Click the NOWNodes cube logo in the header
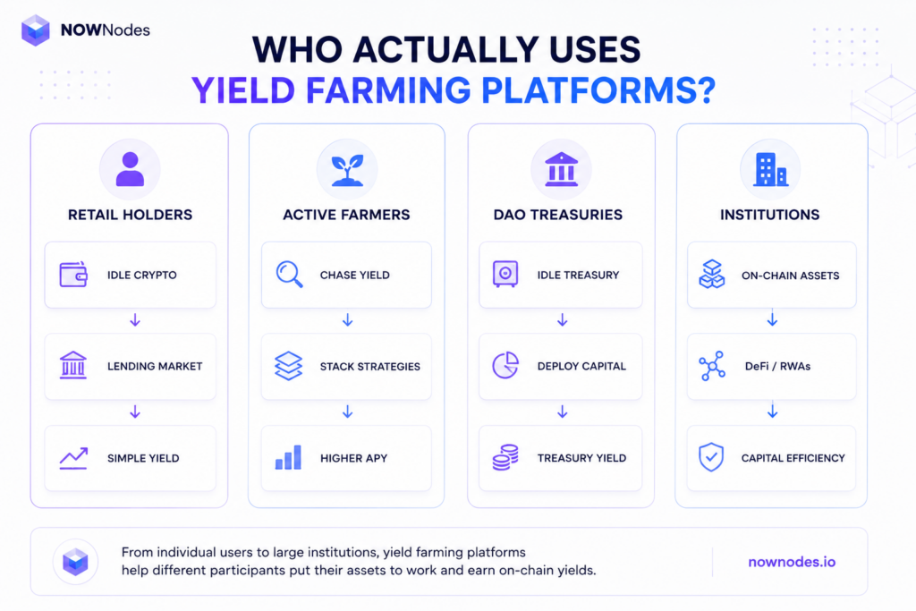coord(36,30)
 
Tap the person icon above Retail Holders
coord(130,169)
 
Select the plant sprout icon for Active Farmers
coord(347,170)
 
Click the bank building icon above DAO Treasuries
coord(561,169)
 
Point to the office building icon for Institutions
coord(770,169)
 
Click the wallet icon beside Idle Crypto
coord(73,275)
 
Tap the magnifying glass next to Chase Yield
coord(290,275)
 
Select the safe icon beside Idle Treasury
coord(505,274)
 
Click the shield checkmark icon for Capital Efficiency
coord(711,457)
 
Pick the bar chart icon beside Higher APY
coord(289,457)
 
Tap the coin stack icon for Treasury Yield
coord(505,457)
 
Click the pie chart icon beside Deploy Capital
coord(505,366)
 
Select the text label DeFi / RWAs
coord(777,366)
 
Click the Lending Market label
coord(155,366)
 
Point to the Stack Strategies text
coord(369,366)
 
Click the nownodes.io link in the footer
coord(792,562)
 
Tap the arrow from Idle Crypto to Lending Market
coord(135,320)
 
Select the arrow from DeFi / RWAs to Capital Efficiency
coord(772,412)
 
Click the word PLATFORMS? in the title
coord(598,90)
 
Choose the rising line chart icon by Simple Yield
coord(73,458)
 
